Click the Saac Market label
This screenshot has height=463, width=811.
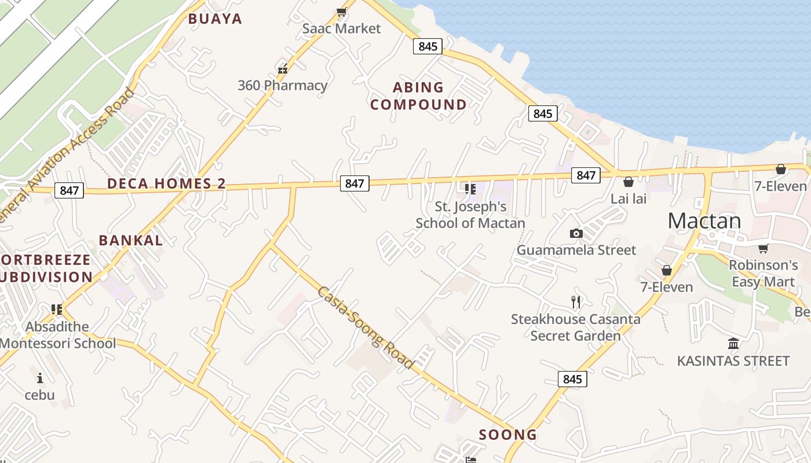[x=342, y=28]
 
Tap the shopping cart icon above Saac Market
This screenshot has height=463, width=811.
[x=341, y=12]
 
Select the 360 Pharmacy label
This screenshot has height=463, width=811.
[x=283, y=86]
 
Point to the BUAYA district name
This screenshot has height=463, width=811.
[x=215, y=19]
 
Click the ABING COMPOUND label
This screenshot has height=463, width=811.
[x=418, y=96]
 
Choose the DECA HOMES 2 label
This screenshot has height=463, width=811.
[x=166, y=184]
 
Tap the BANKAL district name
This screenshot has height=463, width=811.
[x=131, y=241]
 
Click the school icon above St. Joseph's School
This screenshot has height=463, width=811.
[x=470, y=189]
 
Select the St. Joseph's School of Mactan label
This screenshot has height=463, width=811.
[x=470, y=215]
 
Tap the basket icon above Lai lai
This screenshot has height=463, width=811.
[x=629, y=182]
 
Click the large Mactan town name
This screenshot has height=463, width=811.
[x=704, y=221]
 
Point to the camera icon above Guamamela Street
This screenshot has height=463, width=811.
[x=576, y=233]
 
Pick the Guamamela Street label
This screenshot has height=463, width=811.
[x=576, y=250]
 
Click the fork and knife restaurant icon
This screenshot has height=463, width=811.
[x=576, y=302]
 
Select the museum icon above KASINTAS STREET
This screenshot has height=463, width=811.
[x=733, y=344]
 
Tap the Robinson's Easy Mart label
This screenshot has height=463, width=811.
[x=763, y=273]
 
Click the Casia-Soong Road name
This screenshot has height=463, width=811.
[x=365, y=327]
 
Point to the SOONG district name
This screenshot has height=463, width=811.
[x=508, y=435]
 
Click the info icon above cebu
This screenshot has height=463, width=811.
[x=40, y=379]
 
